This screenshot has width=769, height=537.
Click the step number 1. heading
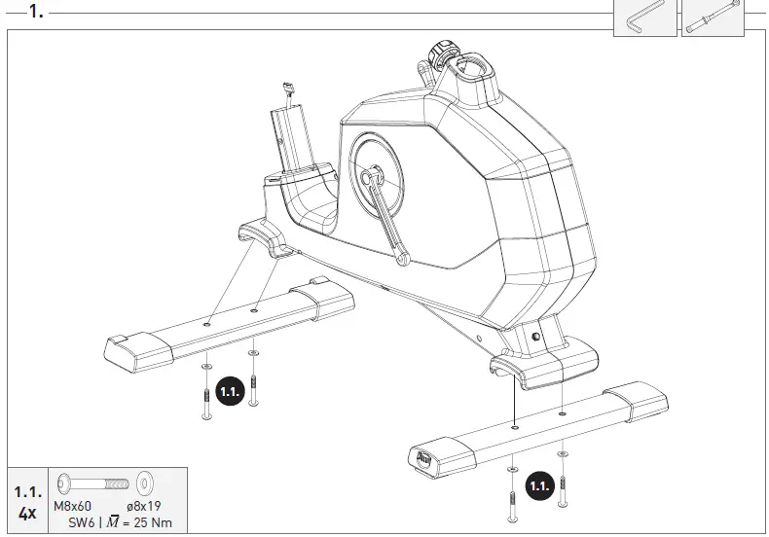click(x=36, y=12)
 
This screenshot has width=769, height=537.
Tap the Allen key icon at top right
click(x=644, y=18)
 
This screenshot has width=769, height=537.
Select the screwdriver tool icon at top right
click(x=711, y=18)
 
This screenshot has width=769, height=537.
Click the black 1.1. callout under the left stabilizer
click(x=230, y=392)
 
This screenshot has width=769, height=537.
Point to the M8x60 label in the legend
click(x=72, y=506)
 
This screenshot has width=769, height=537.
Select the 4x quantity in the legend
click(x=26, y=513)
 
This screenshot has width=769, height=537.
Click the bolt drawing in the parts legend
click(x=92, y=483)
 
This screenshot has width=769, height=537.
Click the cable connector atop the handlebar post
click(x=289, y=89)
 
